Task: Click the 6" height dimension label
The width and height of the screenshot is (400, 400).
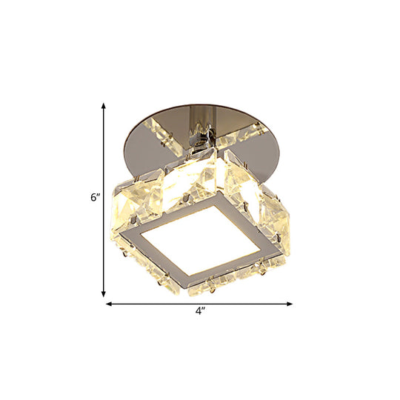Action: [94, 199]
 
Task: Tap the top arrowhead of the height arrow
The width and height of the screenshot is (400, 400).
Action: [104, 106]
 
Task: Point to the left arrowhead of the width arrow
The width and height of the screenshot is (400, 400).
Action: [110, 303]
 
